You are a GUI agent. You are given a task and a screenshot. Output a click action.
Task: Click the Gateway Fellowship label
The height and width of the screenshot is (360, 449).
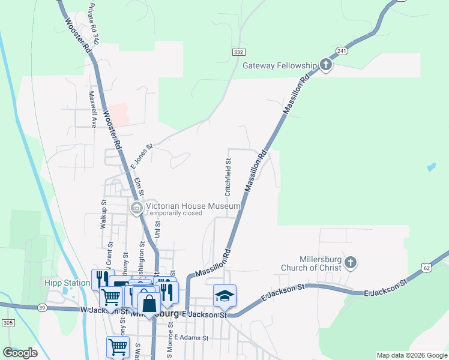[279, 65]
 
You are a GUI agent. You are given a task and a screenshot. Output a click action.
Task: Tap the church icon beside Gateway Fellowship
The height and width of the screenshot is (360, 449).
[325, 65]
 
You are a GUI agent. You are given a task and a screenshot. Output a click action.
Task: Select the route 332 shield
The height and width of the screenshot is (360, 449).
[239, 53]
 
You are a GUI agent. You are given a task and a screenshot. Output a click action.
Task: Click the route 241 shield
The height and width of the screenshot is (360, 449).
[342, 51]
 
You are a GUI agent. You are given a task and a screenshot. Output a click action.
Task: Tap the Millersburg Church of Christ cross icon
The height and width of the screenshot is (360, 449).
[351, 262]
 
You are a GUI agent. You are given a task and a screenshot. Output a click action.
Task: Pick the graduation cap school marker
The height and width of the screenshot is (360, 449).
[224, 295]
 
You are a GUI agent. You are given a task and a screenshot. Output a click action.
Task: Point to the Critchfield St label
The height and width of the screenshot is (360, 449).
[228, 178]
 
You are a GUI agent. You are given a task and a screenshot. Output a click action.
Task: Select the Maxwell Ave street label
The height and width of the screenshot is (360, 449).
[93, 109]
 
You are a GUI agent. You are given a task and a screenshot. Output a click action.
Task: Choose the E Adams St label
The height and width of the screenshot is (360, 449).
[191, 338]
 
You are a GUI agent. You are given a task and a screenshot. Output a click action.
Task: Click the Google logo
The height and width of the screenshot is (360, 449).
[20, 353]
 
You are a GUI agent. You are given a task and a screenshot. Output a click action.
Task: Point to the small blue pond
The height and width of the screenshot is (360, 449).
[430, 167]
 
